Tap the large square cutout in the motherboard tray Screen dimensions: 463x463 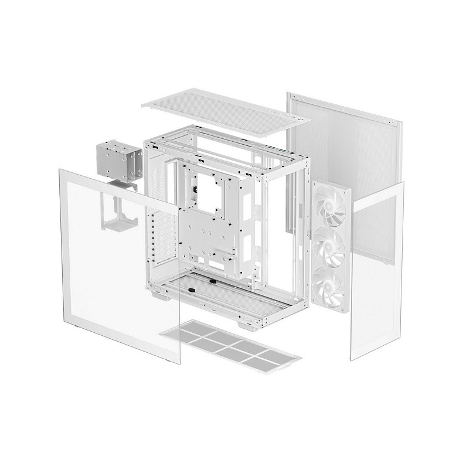click(209, 192)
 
